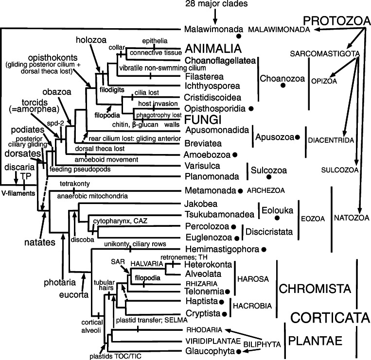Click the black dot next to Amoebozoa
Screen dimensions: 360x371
(235, 154)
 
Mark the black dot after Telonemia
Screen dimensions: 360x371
(227, 291)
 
